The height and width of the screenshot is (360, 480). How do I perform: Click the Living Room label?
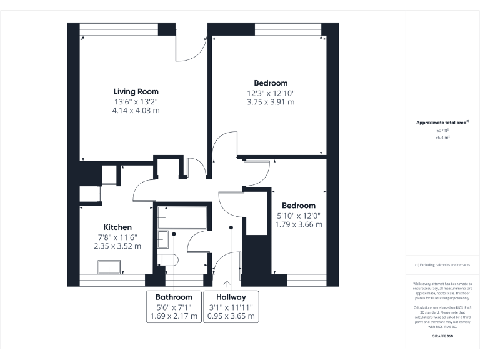[136, 92]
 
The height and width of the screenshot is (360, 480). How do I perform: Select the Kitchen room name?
[117, 227]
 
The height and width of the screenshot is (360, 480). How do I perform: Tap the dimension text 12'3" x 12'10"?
[271, 93]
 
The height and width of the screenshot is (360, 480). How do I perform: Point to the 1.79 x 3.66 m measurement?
[298, 224]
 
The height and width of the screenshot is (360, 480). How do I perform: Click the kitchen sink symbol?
[110, 267]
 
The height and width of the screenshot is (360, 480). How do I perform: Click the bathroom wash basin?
[162, 239]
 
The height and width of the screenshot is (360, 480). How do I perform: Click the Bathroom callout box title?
[174, 297]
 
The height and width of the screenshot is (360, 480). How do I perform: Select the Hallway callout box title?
[231, 297]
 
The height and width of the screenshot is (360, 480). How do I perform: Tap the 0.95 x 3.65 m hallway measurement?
[231, 316]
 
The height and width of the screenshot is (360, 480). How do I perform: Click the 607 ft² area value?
[443, 130]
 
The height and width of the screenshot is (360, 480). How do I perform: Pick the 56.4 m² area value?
[443, 136]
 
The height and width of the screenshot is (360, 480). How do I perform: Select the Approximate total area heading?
[442, 122]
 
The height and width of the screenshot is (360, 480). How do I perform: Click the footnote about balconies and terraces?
[443, 266]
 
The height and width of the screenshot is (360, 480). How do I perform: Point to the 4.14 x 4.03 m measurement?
[136, 111]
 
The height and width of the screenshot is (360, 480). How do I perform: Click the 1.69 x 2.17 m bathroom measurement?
[174, 316]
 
